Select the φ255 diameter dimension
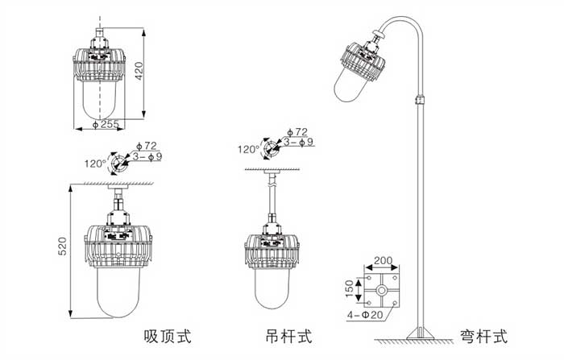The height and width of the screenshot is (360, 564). [x=106, y=125]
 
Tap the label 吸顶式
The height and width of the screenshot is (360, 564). [x=168, y=333]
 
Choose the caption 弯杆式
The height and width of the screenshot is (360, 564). [x=484, y=333]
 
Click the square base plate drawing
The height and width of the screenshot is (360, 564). [x=382, y=289]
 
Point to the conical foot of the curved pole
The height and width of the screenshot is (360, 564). [x=417, y=333]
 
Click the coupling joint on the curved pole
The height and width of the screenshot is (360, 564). [x=417, y=101]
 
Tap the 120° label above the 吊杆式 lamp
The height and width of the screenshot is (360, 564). [x=247, y=149]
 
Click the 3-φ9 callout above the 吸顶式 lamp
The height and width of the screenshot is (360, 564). [x=147, y=155]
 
